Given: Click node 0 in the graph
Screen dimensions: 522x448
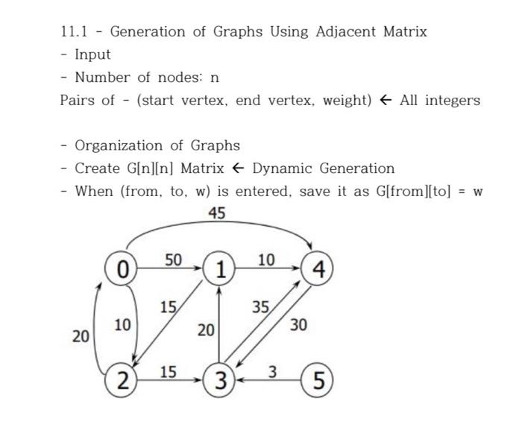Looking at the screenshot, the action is coord(122,269).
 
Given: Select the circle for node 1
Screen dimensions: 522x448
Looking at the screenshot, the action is coord(219,270).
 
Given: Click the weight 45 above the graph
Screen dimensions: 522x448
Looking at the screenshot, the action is coord(217,214).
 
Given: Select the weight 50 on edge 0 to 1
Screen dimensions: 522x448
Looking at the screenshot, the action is coord(173,259).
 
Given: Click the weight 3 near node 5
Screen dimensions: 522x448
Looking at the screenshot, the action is coord(272,370).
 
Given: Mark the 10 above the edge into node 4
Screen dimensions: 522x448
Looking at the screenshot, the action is coord(266,259).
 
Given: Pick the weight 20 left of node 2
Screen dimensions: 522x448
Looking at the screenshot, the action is coord(81,337).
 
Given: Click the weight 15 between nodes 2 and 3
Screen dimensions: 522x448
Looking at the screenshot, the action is coord(169,370).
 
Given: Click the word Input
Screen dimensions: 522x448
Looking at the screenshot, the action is coord(92,54).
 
